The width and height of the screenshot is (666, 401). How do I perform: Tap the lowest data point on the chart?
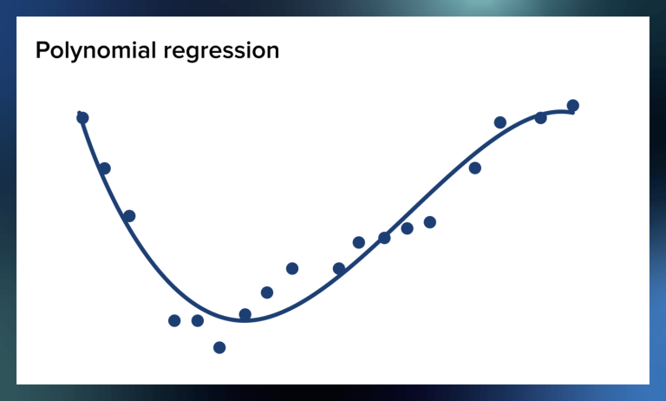[219, 347]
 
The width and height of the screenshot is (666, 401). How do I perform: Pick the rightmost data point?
[572, 106]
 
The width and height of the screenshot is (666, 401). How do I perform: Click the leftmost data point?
[82, 118]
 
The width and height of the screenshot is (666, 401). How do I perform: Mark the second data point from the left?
[105, 168]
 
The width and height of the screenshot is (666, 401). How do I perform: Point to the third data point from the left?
[129, 216]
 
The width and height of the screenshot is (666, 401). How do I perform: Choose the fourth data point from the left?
[174, 320]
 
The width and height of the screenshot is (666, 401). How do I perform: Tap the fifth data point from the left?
[198, 320]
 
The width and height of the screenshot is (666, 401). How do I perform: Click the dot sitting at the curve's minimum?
[245, 314]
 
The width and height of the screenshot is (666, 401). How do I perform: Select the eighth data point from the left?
[267, 293]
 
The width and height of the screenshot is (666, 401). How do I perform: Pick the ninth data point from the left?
[292, 268]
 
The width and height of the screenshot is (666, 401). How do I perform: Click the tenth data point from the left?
[339, 268]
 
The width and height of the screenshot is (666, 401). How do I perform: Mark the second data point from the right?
[540, 118]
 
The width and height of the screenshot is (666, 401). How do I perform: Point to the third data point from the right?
[500, 122]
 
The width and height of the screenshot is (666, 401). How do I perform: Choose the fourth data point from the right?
[475, 168]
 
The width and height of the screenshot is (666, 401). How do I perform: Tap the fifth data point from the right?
[429, 222]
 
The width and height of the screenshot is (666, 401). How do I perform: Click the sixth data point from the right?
[408, 228]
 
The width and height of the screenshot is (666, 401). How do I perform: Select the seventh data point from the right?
[384, 238]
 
